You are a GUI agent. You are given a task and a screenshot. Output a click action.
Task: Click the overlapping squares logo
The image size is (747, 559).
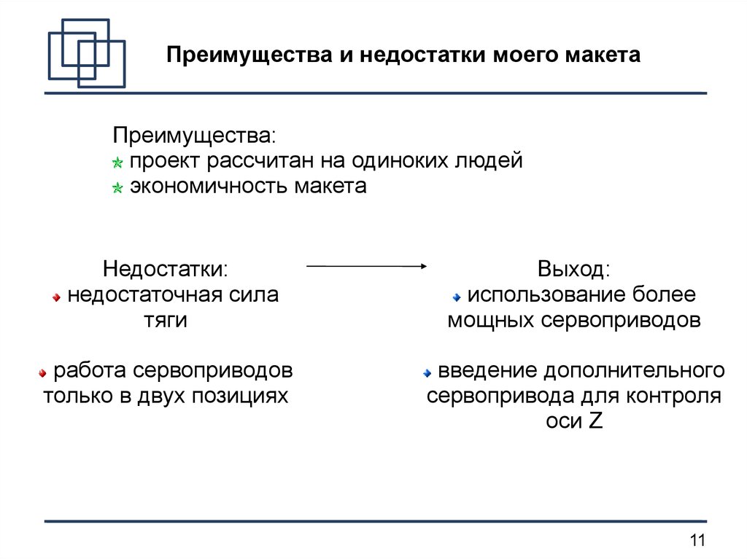pyautogui.click(x=86, y=53)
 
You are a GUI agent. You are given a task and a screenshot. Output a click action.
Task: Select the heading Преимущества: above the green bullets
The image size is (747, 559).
pyautogui.click(x=194, y=136)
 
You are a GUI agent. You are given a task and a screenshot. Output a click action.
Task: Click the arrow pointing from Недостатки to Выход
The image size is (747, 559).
pyautogui.click(x=365, y=267)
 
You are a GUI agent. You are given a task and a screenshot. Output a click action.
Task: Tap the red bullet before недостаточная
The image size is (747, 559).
pyautogui.click(x=57, y=297)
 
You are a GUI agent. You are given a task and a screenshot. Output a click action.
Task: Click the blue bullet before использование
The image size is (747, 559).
pyautogui.click(x=457, y=297)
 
